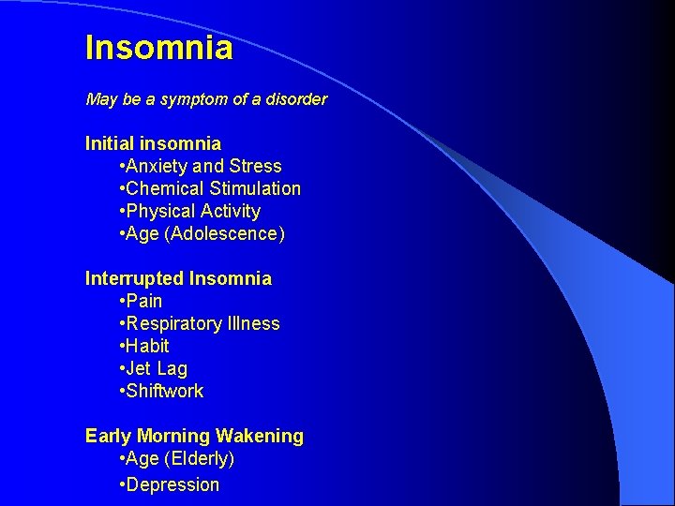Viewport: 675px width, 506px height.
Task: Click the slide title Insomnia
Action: (x=158, y=47)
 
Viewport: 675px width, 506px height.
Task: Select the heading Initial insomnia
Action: (x=153, y=143)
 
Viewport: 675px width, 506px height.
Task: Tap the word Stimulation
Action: (x=255, y=188)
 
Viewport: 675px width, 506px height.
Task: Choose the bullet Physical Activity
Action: (x=192, y=211)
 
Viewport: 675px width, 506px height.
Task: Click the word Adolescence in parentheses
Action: (x=224, y=233)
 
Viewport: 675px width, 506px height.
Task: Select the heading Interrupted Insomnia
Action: (x=178, y=278)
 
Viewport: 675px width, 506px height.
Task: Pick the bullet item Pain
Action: (x=143, y=301)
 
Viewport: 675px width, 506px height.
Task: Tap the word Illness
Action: (x=254, y=323)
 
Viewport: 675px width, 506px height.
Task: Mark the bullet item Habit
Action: (x=147, y=346)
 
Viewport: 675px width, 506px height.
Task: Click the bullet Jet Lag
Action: (x=156, y=368)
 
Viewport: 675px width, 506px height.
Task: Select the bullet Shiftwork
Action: (x=164, y=391)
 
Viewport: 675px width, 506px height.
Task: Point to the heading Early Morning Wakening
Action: (x=194, y=436)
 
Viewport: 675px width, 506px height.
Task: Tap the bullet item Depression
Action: (x=172, y=484)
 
